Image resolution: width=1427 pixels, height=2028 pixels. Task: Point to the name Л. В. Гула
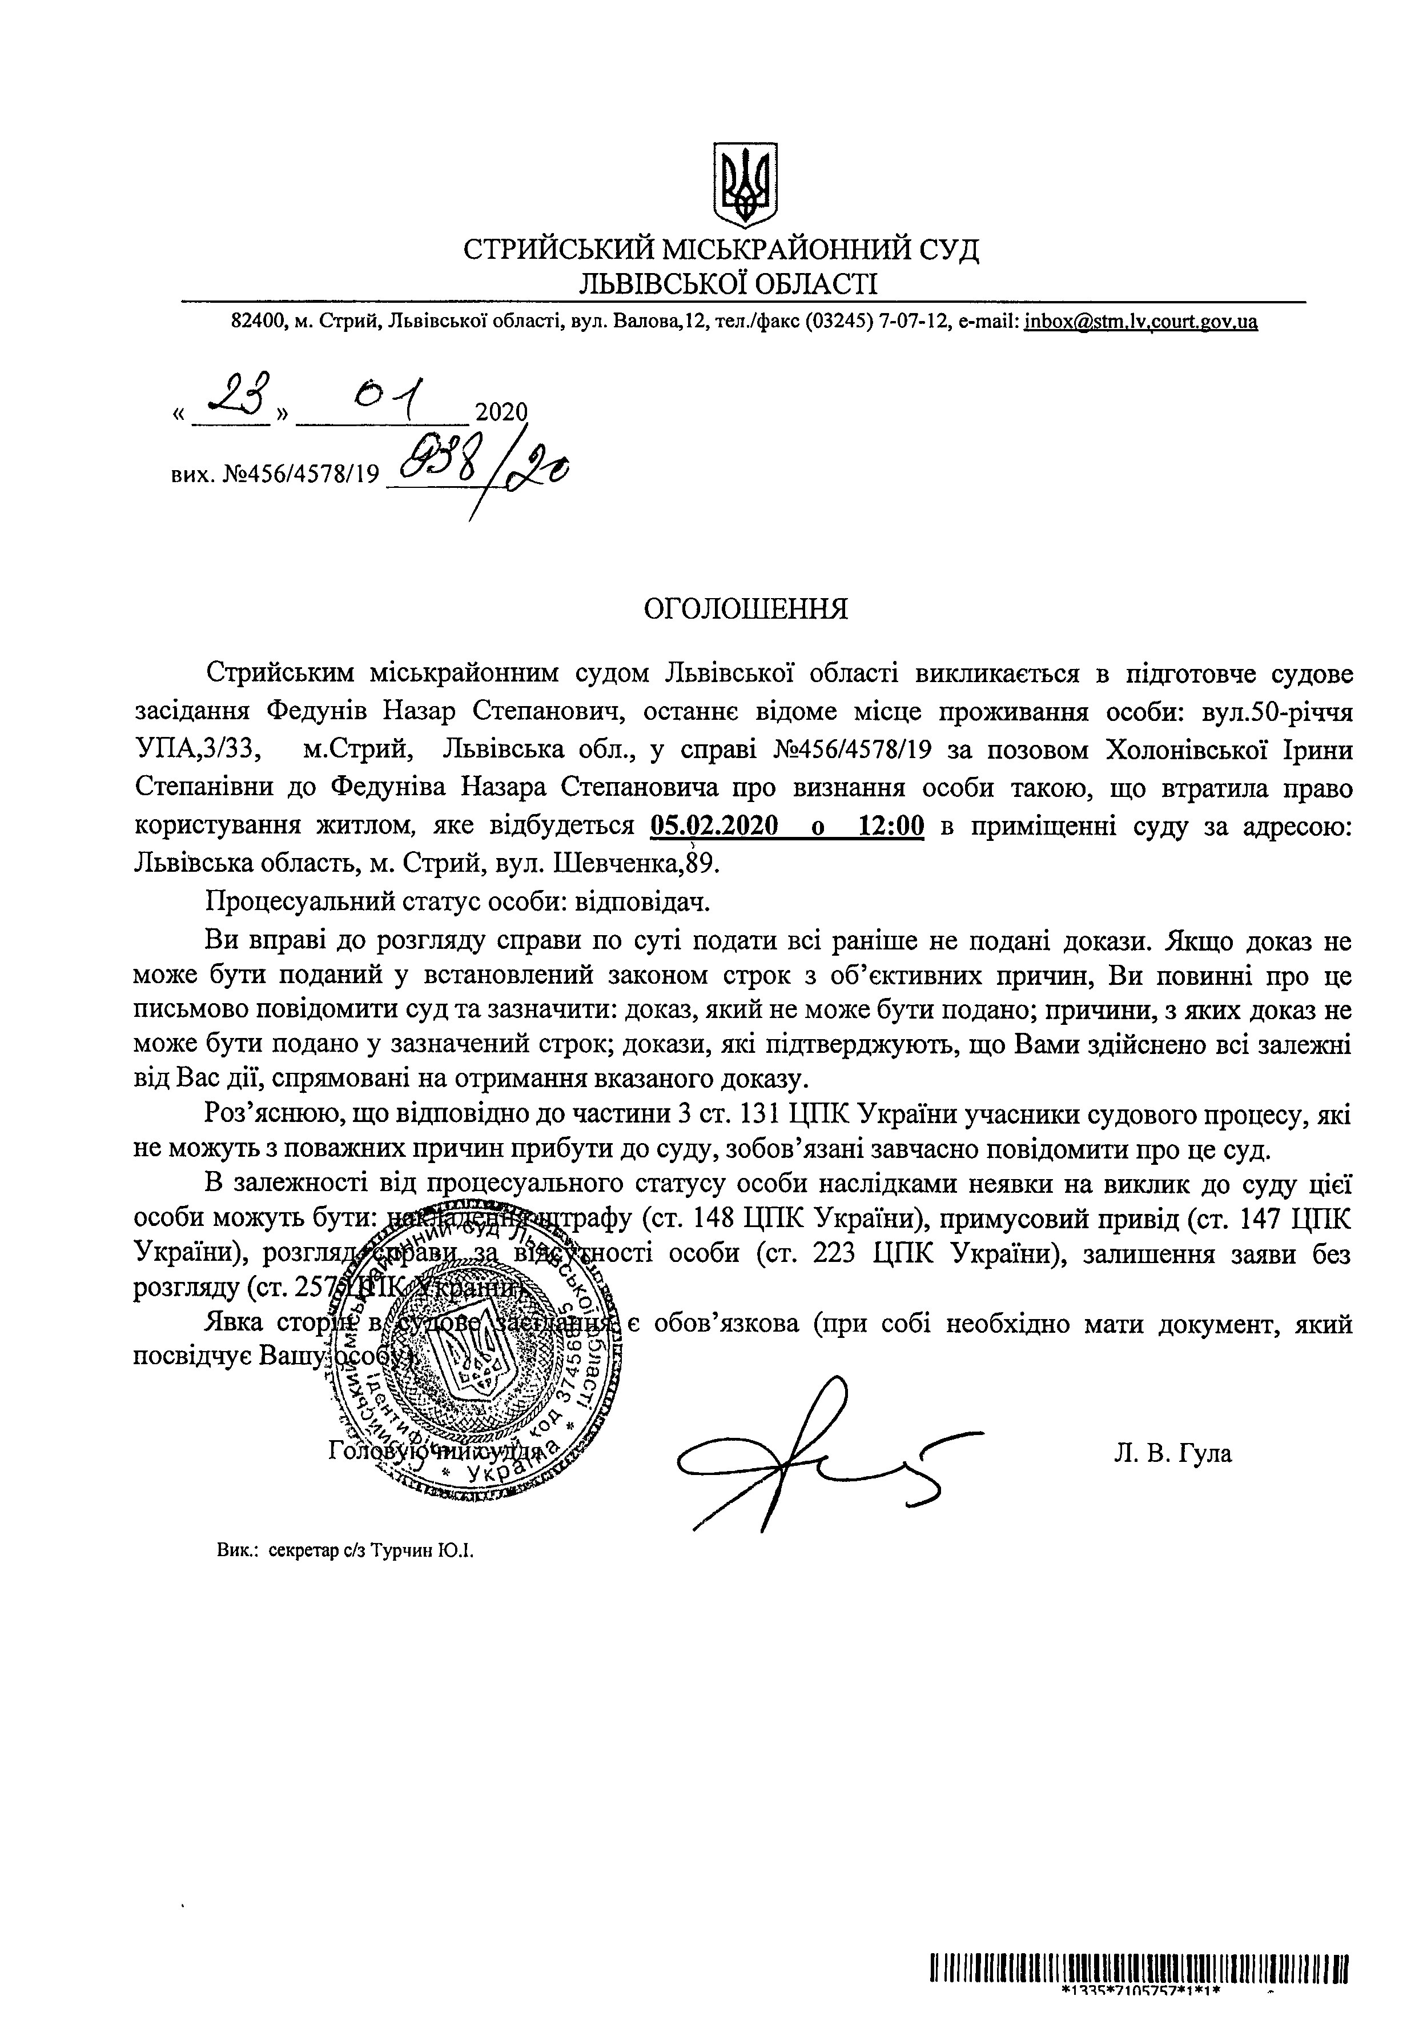(1172, 1452)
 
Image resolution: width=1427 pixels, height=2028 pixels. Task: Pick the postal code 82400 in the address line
(255, 322)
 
